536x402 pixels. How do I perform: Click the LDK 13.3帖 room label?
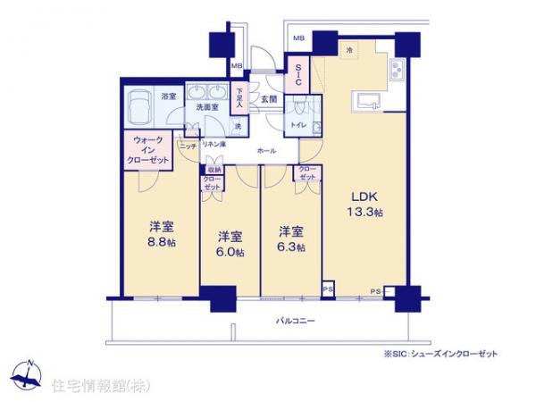[364, 204]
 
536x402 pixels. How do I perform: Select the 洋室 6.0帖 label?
[230, 242]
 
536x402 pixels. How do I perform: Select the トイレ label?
[298, 127]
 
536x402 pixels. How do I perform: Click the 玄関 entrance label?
[268, 99]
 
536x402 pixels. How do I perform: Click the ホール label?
[265, 151]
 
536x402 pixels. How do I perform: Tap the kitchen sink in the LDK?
[368, 98]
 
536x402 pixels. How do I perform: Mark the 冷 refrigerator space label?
[350, 52]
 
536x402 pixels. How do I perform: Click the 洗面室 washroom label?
[209, 108]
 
